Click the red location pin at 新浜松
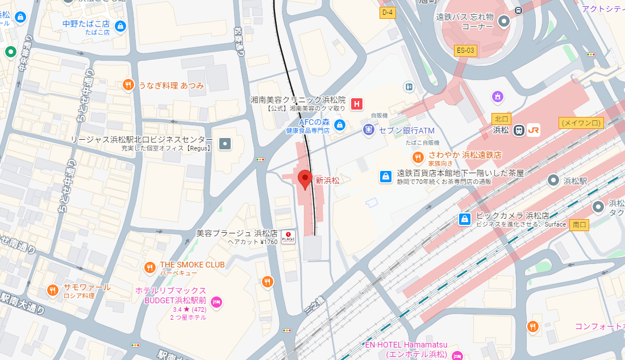point(305,179)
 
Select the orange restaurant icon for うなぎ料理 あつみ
point(128,85)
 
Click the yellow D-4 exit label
point(388,12)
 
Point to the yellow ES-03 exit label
point(465,51)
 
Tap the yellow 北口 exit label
point(501,119)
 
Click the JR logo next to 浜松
point(533,130)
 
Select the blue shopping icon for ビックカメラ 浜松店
point(465,219)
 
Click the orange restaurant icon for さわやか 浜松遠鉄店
point(418,157)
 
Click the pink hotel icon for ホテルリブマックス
point(216,303)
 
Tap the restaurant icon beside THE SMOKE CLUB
point(150,267)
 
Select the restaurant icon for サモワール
point(53,290)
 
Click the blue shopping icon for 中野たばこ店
point(120,26)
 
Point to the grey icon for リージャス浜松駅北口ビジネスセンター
point(226,143)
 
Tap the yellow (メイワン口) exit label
point(581,123)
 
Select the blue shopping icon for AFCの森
point(339,125)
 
